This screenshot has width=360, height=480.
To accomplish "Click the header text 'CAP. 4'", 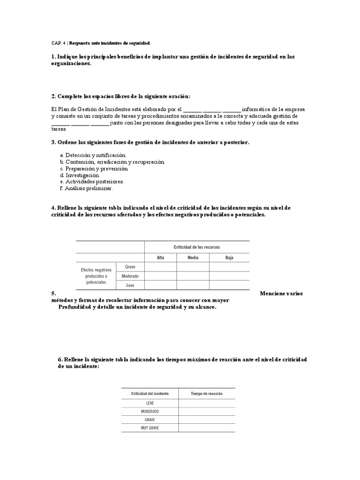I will click(x=59, y=43).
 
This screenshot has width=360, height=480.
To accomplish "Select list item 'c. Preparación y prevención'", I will click(x=94, y=168).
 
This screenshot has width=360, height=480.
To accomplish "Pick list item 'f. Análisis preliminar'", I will click(x=87, y=188).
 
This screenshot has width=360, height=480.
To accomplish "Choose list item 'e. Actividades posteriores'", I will click(x=92, y=181).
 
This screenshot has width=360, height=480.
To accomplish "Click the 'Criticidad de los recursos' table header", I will click(x=196, y=247).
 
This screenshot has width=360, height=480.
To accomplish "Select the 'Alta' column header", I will click(x=160, y=257).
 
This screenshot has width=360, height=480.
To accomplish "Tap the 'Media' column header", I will click(x=193, y=257).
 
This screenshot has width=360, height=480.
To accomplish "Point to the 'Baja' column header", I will click(x=229, y=257).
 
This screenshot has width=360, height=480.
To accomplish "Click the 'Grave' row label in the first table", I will click(x=130, y=267).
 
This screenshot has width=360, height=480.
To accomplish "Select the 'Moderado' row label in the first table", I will click(x=130, y=276).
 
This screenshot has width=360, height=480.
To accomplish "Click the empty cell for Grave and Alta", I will click(x=160, y=267).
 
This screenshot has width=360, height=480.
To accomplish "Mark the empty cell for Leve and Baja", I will click(x=229, y=285).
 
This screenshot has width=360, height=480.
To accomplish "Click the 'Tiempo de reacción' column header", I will click(x=207, y=394).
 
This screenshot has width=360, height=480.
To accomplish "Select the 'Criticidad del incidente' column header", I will click(x=150, y=394).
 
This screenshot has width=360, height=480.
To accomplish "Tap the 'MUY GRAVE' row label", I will click(x=150, y=428).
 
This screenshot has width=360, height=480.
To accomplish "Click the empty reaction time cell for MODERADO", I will click(x=207, y=411).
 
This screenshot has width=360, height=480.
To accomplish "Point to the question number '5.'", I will click(x=54, y=294).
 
